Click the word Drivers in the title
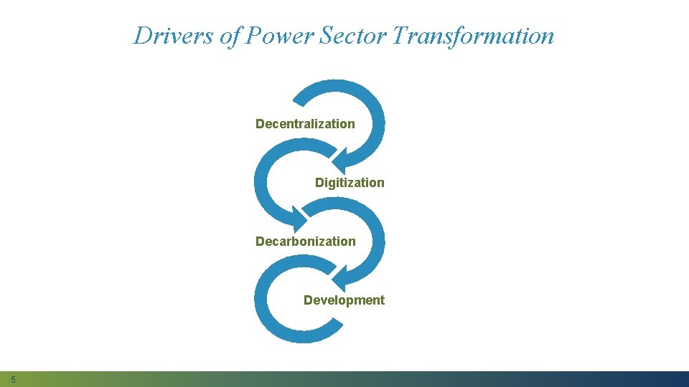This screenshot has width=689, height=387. tap(175, 35)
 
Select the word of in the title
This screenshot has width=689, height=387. tap(231, 35)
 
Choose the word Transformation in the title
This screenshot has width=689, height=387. tap(474, 35)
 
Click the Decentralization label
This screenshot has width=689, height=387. tap(305, 124)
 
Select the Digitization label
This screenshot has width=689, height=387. tap(350, 183)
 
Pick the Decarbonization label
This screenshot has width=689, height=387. tap(305, 242)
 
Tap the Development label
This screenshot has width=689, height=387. tap(344, 300)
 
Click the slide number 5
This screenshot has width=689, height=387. tap(13, 379)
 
